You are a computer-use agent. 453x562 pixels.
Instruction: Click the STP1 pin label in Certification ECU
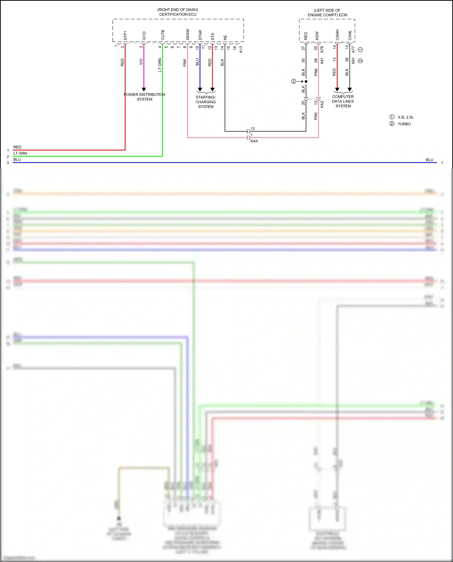click(125, 35)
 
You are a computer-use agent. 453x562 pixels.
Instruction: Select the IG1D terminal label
click(144, 36)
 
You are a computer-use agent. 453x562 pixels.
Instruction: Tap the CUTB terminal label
click(163, 35)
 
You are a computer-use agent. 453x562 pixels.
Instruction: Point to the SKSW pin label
click(188, 34)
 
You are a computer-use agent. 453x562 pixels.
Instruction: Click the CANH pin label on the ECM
click(337, 35)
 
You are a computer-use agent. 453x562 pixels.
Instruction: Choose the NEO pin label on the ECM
click(306, 36)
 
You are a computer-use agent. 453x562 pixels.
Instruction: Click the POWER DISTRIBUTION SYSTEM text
click(144, 97)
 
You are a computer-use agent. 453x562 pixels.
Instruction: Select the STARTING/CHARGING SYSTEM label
click(206, 102)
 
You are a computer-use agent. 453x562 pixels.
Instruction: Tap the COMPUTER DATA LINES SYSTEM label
click(343, 101)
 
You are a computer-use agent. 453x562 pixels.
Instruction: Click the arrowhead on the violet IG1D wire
click(144, 89)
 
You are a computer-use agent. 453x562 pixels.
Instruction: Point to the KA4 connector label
click(254, 141)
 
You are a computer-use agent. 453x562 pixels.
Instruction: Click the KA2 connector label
click(322, 104)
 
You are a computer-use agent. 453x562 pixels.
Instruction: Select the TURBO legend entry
click(404, 124)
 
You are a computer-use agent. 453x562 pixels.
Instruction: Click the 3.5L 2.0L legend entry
click(405, 117)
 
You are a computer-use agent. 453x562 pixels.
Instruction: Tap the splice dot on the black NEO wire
click(306, 81)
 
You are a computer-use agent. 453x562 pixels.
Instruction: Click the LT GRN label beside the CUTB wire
click(160, 65)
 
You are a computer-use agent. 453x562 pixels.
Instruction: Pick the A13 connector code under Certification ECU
click(241, 49)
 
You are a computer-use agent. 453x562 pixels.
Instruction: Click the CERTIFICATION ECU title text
click(178, 14)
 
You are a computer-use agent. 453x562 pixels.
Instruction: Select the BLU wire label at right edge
click(429, 160)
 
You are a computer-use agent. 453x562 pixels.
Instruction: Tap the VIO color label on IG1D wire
click(141, 62)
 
